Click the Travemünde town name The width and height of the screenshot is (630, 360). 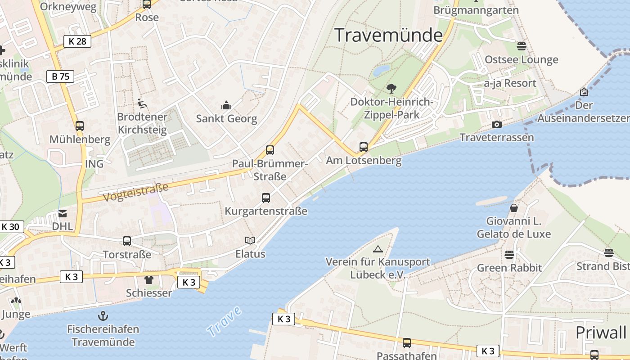389,35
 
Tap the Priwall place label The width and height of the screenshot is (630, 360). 601,333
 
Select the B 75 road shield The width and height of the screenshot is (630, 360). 60,76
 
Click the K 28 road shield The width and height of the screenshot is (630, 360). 77,41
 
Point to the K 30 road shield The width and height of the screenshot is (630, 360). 10,226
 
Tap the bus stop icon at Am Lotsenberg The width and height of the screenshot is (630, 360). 363,147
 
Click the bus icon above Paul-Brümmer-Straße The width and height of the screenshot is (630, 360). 270,150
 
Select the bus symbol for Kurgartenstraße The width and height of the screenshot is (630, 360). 266,198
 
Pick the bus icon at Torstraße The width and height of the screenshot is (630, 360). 127,241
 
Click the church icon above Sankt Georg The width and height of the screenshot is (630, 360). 226,106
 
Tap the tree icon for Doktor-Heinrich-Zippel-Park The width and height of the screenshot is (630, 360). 391,89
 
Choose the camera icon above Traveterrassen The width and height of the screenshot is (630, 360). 497,124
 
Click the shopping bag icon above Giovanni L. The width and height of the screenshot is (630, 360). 513,208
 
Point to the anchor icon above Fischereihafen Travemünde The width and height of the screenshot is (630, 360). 103,315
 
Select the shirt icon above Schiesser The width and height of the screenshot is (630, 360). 149,280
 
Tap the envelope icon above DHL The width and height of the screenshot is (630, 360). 63,213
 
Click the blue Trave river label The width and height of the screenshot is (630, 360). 224,321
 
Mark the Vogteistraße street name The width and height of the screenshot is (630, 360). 135,192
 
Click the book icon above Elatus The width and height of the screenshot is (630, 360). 250,240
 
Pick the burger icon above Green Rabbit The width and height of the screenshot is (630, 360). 509,255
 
